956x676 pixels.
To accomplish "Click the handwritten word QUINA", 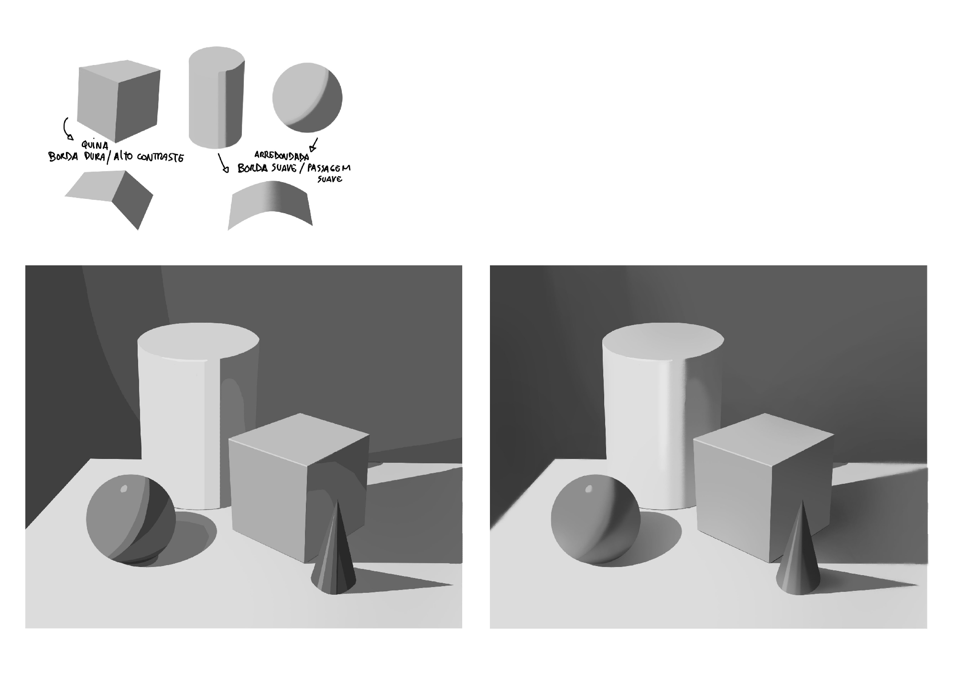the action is point(95,144).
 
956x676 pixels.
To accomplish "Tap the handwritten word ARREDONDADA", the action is point(282,156).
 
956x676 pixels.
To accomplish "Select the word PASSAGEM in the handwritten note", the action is point(329,168).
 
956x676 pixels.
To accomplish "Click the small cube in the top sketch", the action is point(119,101).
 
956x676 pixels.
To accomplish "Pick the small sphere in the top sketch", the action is point(307,98).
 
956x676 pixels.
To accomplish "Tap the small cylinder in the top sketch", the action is point(217,98).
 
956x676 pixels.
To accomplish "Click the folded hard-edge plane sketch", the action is point(109,198).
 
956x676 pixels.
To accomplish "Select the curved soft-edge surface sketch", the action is point(271,204).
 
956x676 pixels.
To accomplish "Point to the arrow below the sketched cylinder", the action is point(222,163).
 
